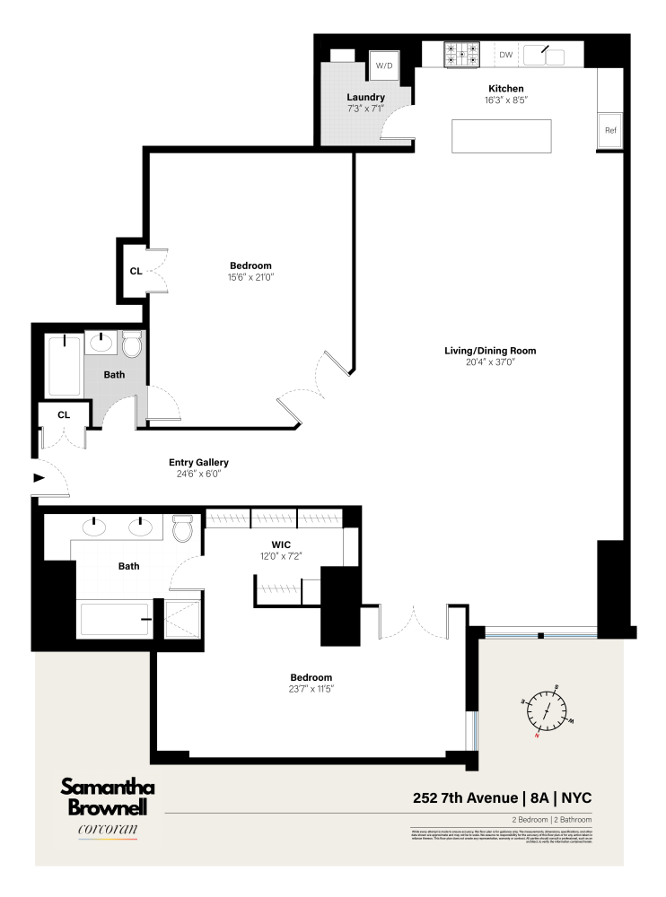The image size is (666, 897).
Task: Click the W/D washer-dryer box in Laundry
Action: [x=384, y=65]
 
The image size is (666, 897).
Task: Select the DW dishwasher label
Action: [x=506, y=56]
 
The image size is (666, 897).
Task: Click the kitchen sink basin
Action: [x=544, y=56]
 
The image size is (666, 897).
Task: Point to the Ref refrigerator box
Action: [x=610, y=131]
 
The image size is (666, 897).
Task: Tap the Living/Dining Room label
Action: [x=495, y=351]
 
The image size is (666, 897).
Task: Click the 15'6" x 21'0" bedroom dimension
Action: [x=250, y=277]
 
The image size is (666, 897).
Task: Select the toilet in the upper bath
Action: [x=132, y=344]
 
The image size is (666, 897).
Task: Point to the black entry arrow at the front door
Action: [x=39, y=477]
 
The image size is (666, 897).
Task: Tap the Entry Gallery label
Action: [x=199, y=463]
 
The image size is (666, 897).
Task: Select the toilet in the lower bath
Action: [x=183, y=528]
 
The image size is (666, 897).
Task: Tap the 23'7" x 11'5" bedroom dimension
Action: [x=311, y=689]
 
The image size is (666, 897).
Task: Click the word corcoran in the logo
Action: [x=108, y=830]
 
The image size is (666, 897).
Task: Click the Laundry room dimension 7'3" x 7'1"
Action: [x=365, y=109]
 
